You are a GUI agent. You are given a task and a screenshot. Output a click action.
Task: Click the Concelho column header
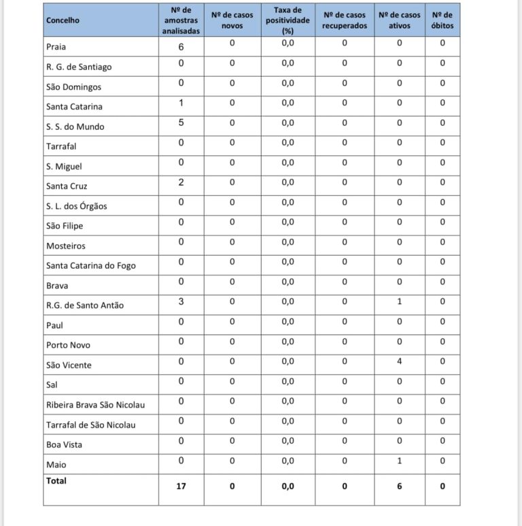point(63,20)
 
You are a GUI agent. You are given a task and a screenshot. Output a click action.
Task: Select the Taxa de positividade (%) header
point(288,20)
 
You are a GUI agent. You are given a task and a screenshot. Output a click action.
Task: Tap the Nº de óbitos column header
point(442,20)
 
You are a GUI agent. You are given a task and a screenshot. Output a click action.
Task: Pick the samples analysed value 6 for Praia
point(181,46)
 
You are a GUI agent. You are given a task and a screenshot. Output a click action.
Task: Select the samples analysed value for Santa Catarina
point(181,103)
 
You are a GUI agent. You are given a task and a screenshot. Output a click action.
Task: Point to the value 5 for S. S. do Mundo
point(181,123)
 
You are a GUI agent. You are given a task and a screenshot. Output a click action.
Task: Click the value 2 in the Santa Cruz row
point(181,182)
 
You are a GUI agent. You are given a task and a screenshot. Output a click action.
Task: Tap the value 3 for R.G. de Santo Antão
point(181,301)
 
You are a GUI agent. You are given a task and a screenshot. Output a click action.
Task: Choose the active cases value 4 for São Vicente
point(399,361)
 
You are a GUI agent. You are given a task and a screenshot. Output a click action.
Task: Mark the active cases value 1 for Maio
point(399,461)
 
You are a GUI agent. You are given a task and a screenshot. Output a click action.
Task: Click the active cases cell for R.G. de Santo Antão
point(399,301)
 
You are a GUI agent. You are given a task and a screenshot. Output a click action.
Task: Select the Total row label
point(56,480)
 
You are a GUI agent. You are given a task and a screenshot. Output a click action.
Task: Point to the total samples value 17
point(181,487)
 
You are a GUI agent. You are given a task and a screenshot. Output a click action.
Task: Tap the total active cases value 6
point(399,487)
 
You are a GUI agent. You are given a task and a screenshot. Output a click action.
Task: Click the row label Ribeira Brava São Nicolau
point(95,404)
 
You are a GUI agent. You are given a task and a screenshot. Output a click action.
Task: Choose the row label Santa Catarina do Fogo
point(90,265)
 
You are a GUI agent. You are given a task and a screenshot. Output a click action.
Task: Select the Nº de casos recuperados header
point(345,20)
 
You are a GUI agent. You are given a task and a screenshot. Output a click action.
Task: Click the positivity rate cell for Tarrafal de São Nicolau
point(288,421)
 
